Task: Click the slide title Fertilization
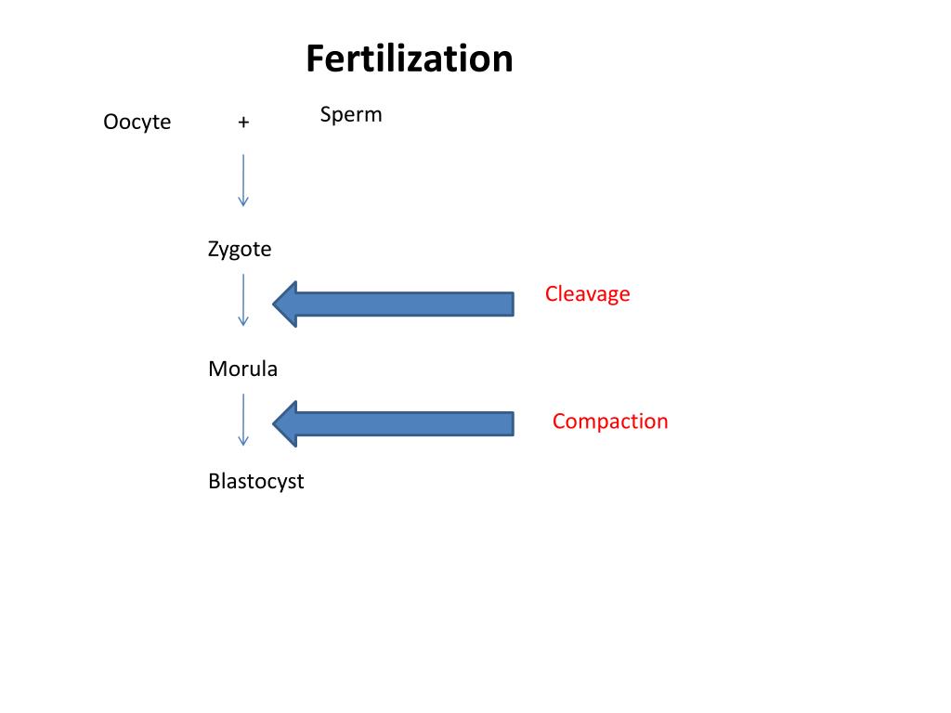click(409, 59)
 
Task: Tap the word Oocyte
click(137, 122)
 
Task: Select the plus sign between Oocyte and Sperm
click(243, 122)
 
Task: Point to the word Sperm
click(351, 115)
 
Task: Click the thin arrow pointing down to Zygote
click(243, 180)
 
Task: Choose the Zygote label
click(240, 249)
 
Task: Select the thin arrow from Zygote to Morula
click(243, 299)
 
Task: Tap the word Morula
click(242, 369)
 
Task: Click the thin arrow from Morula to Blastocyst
click(243, 420)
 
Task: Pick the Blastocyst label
click(256, 482)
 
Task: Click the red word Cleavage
click(587, 294)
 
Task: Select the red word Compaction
click(610, 421)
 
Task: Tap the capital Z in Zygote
click(214, 248)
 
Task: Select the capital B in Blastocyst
click(215, 482)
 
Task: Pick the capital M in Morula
click(216, 369)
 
